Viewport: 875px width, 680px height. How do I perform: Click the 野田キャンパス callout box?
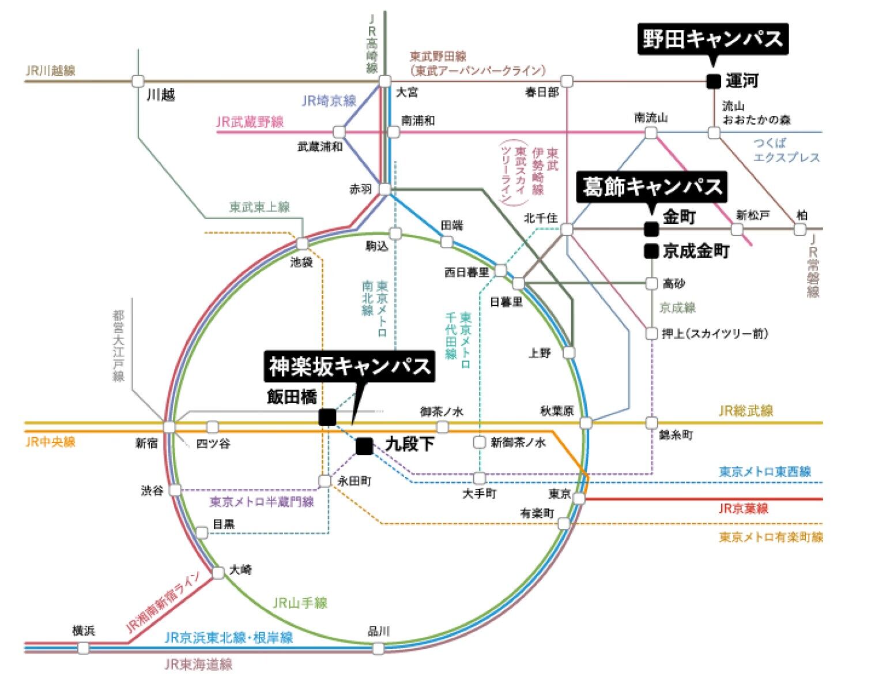click(x=712, y=39)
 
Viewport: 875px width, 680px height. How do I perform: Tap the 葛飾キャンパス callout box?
click(x=652, y=187)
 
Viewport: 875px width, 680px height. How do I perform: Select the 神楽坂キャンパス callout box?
click(x=349, y=366)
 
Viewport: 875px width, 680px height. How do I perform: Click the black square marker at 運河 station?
click(x=713, y=81)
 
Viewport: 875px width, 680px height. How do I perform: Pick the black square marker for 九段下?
click(x=364, y=446)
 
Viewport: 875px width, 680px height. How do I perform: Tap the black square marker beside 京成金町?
click(x=651, y=251)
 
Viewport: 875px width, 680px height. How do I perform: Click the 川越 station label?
click(x=161, y=96)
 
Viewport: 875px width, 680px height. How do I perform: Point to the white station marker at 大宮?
click(x=385, y=81)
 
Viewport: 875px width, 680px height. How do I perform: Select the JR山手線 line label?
click(x=300, y=603)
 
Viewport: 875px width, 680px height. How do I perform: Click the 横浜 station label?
click(x=84, y=630)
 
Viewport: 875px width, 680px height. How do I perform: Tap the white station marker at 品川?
click(x=378, y=648)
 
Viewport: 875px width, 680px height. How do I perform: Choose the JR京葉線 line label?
click(x=744, y=509)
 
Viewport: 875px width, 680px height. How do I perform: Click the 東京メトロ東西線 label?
click(x=765, y=472)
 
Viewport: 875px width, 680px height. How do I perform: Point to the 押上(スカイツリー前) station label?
click(x=715, y=334)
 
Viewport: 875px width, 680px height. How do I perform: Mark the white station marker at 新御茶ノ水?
click(x=480, y=443)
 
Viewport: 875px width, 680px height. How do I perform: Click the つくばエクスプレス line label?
click(x=786, y=150)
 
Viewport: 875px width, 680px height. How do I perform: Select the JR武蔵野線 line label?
click(x=250, y=122)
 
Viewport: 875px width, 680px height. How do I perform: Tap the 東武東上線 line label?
click(x=260, y=207)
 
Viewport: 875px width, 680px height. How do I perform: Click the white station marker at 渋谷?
click(x=175, y=490)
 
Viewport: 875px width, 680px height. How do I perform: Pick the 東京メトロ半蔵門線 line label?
click(x=262, y=502)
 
